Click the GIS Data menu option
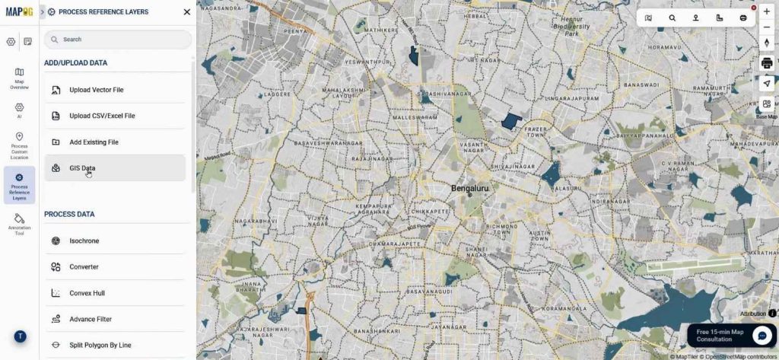[x=82, y=168]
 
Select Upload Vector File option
[x=96, y=90]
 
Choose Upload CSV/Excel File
[x=102, y=116]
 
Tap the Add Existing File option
[x=94, y=142]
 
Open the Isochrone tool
[x=84, y=241]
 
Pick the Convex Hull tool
[x=87, y=293]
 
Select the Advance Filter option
[x=91, y=319]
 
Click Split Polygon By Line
[x=100, y=346]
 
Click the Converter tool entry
[x=84, y=267]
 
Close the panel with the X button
[x=187, y=12]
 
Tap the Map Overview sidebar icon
[x=19, y=78]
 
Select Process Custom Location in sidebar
[x=19, y=145]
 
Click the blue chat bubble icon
[x=762, y=335]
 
